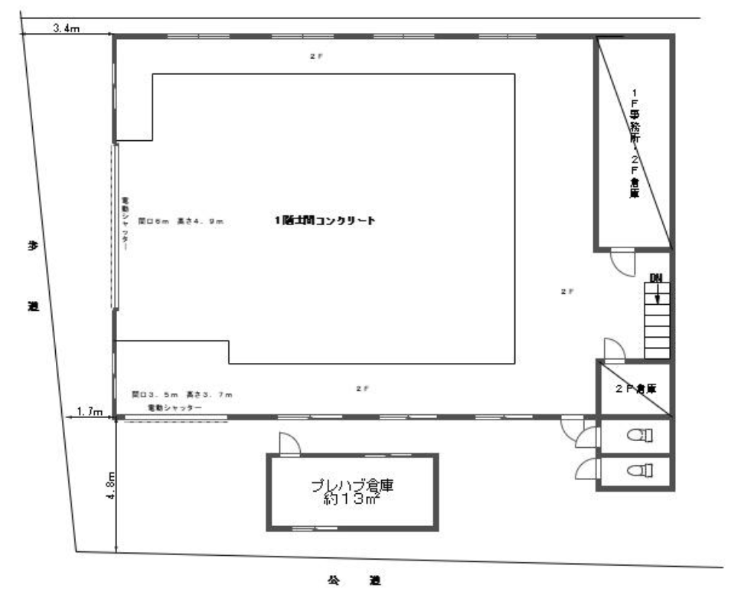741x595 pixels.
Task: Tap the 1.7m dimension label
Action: (x=91, y=412)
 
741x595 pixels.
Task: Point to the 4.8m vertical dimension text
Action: (x=110, y=485)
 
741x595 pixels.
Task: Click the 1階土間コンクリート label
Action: (x=325, y=221)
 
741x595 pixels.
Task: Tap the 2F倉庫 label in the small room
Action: (x=636, y=388)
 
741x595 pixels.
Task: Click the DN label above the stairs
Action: (x=655, y=276)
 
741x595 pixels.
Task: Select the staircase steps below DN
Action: (x=657, y=322)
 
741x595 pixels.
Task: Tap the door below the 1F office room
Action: (x=622, y=263)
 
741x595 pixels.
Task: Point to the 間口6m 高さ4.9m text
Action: (x=180, y=221)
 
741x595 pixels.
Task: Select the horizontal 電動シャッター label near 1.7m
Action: (x=175, y=408)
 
